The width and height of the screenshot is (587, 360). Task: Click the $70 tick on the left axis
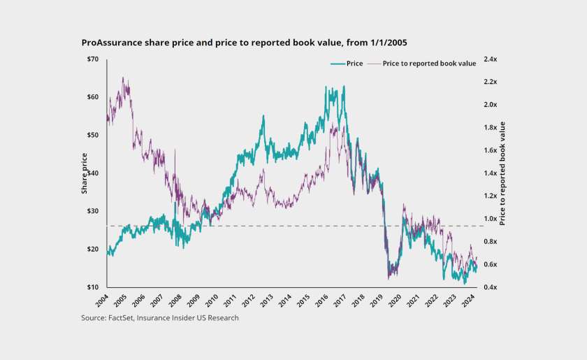tap(93, 59)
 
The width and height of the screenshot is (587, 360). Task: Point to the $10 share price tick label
tap(93, 287)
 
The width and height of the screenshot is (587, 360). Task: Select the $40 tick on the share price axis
tap(93, 173)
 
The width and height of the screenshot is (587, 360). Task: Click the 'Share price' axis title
tap(85, 173)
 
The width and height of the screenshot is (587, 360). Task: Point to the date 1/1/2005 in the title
tap(383, 43)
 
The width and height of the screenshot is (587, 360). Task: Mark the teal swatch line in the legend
tap(338, 64)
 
